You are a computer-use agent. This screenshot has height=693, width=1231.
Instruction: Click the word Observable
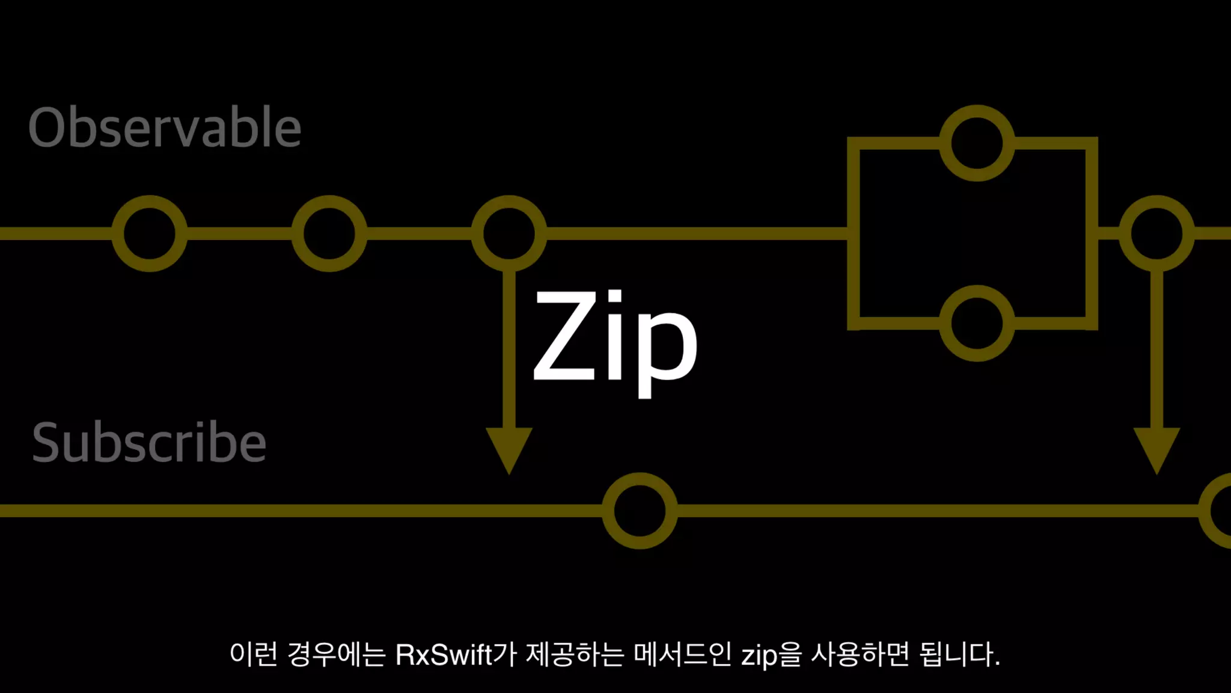pos(165,127)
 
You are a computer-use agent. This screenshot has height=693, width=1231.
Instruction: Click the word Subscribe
pos(149,442)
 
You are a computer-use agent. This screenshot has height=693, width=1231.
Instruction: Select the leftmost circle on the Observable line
pos(150,233)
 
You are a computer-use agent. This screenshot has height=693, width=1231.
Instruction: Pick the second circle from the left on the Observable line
pos(329,233)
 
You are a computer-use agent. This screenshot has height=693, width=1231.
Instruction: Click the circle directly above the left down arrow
pos(509,233)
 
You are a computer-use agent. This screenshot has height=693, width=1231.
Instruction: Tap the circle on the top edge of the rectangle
pos(977,143)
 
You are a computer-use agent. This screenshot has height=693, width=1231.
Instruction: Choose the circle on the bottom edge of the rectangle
pos(977,323)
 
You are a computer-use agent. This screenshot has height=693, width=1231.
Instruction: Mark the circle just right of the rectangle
pos(1156,233)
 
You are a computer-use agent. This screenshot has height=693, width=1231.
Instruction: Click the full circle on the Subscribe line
pos(640,511)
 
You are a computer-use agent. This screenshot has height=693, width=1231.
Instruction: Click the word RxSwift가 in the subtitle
pos(456,654)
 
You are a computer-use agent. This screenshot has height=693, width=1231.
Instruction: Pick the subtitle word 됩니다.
pos(959,654)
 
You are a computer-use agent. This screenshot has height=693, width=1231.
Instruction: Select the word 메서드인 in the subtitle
pos(682,654)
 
